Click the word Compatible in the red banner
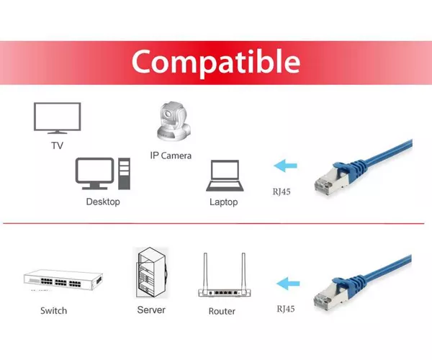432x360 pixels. [216, 63]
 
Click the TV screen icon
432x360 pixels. [58, 118]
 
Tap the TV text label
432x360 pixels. [58, 145]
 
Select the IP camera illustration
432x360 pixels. [174, 122]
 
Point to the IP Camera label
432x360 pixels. [171, 156]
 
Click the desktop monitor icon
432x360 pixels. [94, 174]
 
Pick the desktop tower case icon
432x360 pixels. [125, 174]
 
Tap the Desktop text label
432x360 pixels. [103, 202]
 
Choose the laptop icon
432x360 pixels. [225, 176]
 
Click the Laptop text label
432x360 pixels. [224, 202]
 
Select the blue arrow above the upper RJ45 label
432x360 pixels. [285, 166]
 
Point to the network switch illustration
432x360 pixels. [63, 280]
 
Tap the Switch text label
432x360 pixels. [54, 311]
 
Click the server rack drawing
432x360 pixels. [152, 273]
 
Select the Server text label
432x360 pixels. [151, 310]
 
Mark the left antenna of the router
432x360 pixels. [205, 271]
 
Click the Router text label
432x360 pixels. [222, 311]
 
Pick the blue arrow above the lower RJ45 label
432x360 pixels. [288, 284]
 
